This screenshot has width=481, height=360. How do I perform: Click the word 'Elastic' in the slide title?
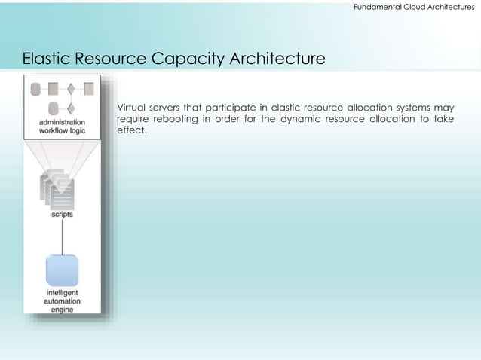click(47, 58)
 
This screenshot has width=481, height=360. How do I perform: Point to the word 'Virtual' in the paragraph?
click(133, 107)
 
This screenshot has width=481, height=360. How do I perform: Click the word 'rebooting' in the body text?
click(179, 118)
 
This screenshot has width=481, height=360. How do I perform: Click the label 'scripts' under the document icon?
click(62, 215)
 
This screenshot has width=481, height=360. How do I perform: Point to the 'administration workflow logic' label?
click(62, 126)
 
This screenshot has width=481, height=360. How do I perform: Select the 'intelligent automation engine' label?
click(62, 301)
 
